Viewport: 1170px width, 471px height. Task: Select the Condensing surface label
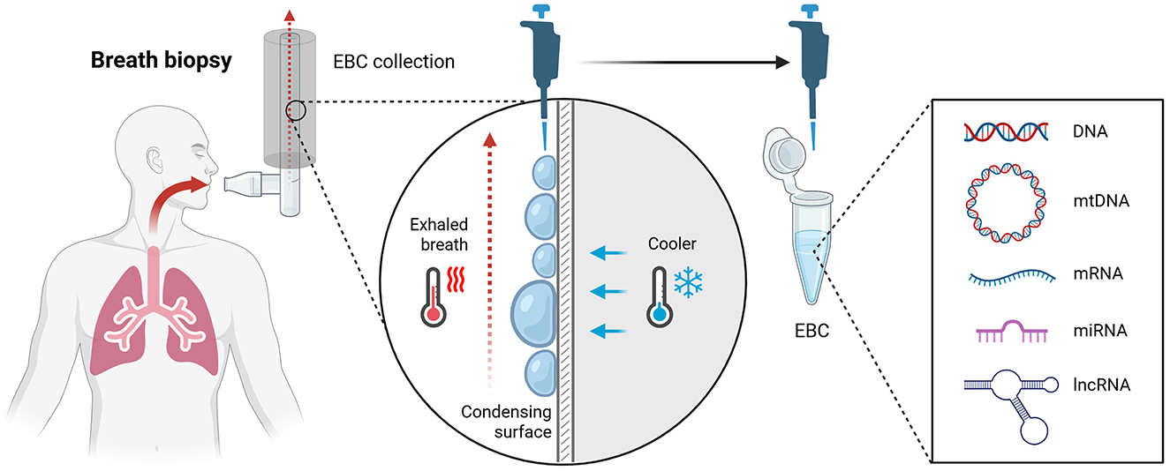(507, 422)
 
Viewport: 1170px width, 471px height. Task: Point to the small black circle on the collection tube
(296, 111)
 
